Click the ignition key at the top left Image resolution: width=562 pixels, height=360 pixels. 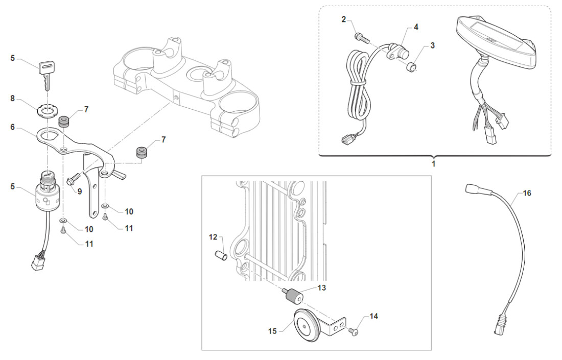click(45, 71)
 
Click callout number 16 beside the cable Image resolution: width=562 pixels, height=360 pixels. click(527, 194)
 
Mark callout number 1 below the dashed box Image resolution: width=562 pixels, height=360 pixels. click(434, 164)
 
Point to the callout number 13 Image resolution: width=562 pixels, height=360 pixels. click(321, 288)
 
